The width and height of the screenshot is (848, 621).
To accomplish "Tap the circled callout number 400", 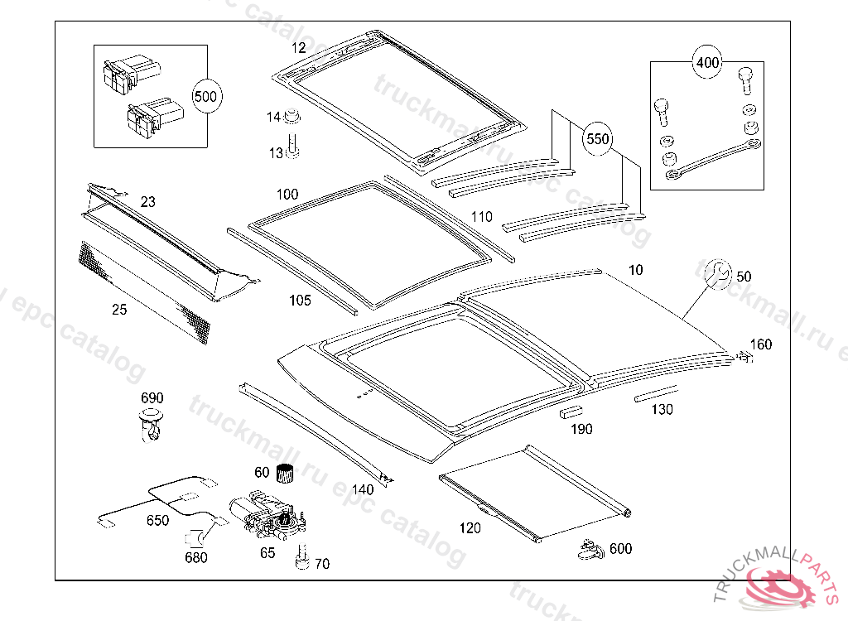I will [707, 62].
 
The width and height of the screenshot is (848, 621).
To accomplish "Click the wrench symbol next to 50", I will [717, 274].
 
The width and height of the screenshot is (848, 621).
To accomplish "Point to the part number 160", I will [760, 344].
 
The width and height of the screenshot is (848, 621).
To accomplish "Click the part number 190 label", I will [581, 429].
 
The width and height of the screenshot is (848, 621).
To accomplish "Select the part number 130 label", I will [662, 410].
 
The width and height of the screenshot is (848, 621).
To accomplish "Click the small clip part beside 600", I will [589, 547].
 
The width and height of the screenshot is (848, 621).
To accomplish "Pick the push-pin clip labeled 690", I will [150, 422].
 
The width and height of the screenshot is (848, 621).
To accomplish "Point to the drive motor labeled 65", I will [267, 517].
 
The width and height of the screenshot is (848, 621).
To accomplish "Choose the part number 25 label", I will [120, 310].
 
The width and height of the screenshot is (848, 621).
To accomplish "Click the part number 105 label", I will [301, 301].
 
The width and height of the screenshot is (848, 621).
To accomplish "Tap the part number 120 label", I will [470, 528].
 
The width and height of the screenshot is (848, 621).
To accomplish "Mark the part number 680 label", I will [196, 557].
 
